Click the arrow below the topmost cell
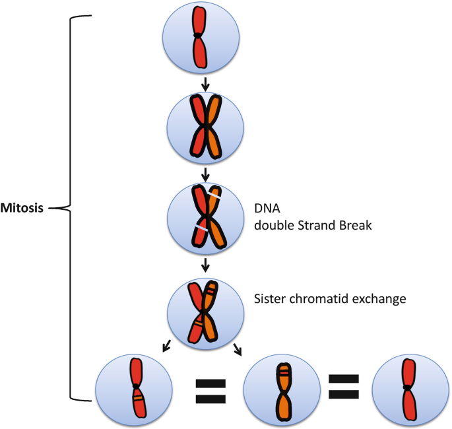pyautogui.click(x=205, y=84)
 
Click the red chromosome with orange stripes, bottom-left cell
pyautogui.click(x=136, y=388)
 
